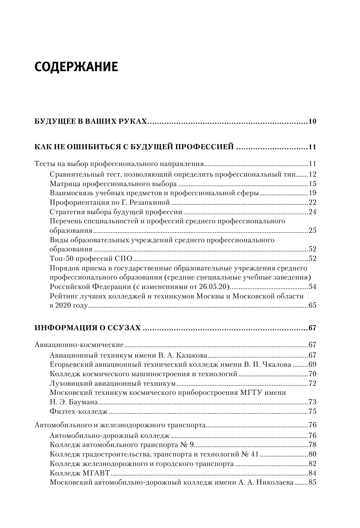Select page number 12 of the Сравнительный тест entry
coord(312,174)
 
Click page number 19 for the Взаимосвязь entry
coord(312,193)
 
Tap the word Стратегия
coord(66,212)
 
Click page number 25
coord(312,231)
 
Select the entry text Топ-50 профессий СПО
coord(90,259)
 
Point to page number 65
coord(312,305)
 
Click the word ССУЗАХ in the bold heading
coord(124,328)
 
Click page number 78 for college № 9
coord(312,445)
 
